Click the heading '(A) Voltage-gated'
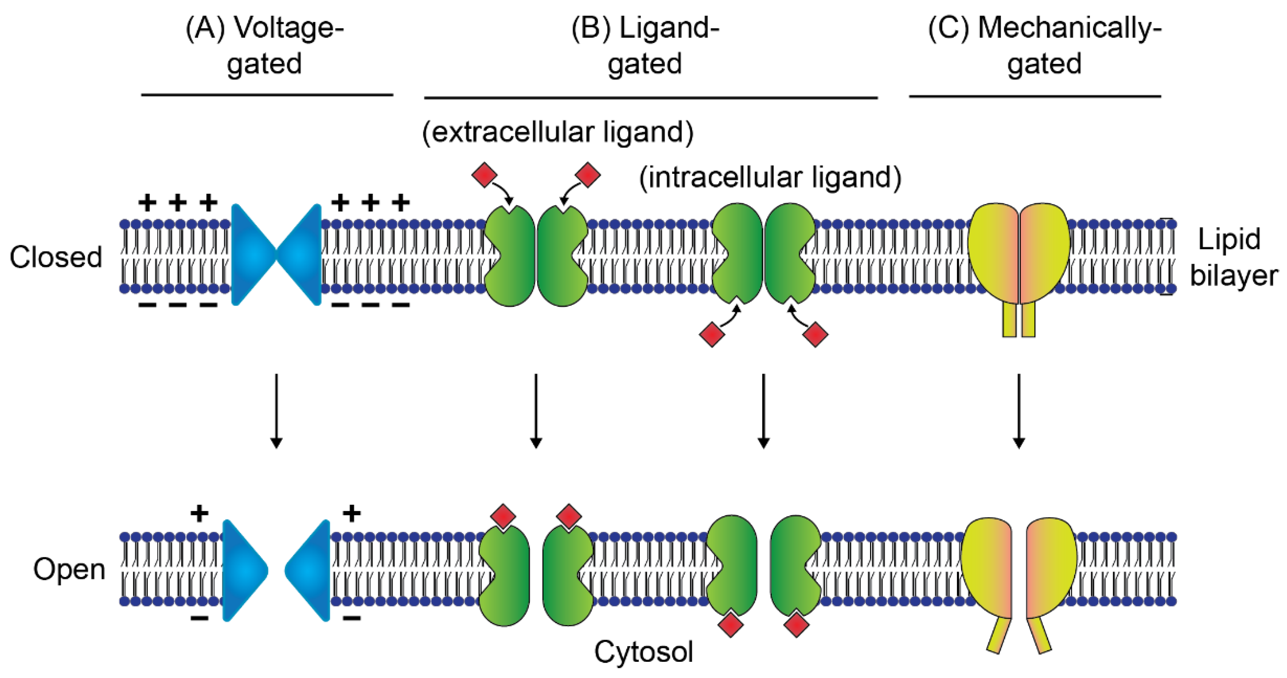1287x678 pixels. click(265, 46)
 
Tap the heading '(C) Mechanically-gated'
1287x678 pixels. click(1044, 46)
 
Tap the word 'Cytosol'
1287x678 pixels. click(643, 652)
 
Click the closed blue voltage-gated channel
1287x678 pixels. click(276, 255)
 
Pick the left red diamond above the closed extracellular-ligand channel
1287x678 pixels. click(484, 175)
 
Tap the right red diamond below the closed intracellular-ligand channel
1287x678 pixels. click(815, 334)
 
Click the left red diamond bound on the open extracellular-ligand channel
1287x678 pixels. click(503, 516)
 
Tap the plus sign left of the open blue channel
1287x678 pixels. click(199, 513)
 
